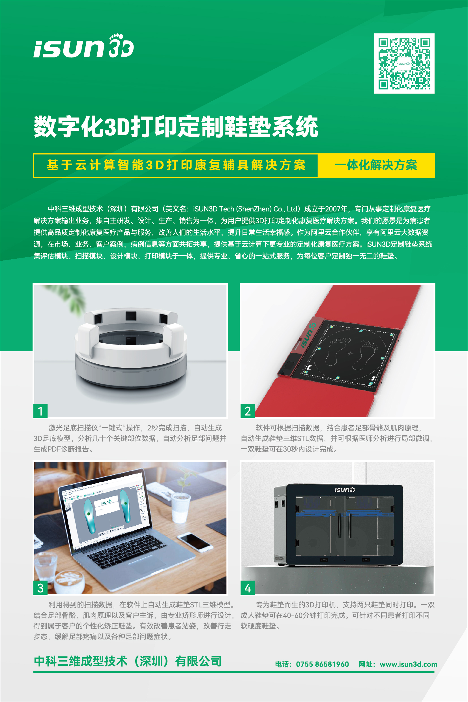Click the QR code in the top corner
coord(404,63)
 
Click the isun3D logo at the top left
coord(83,46)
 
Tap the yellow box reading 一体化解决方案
coord(376,165)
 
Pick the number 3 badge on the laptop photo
coord(40,588)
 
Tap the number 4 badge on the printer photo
coord(247,588)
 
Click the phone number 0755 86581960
coord(322,664)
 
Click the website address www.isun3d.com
coord(408,664)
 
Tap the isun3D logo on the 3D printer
coord(344,490)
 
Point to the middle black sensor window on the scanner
coord(131,316)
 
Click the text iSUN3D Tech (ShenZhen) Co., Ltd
coord(245,209)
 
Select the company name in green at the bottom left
coord(128,661)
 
